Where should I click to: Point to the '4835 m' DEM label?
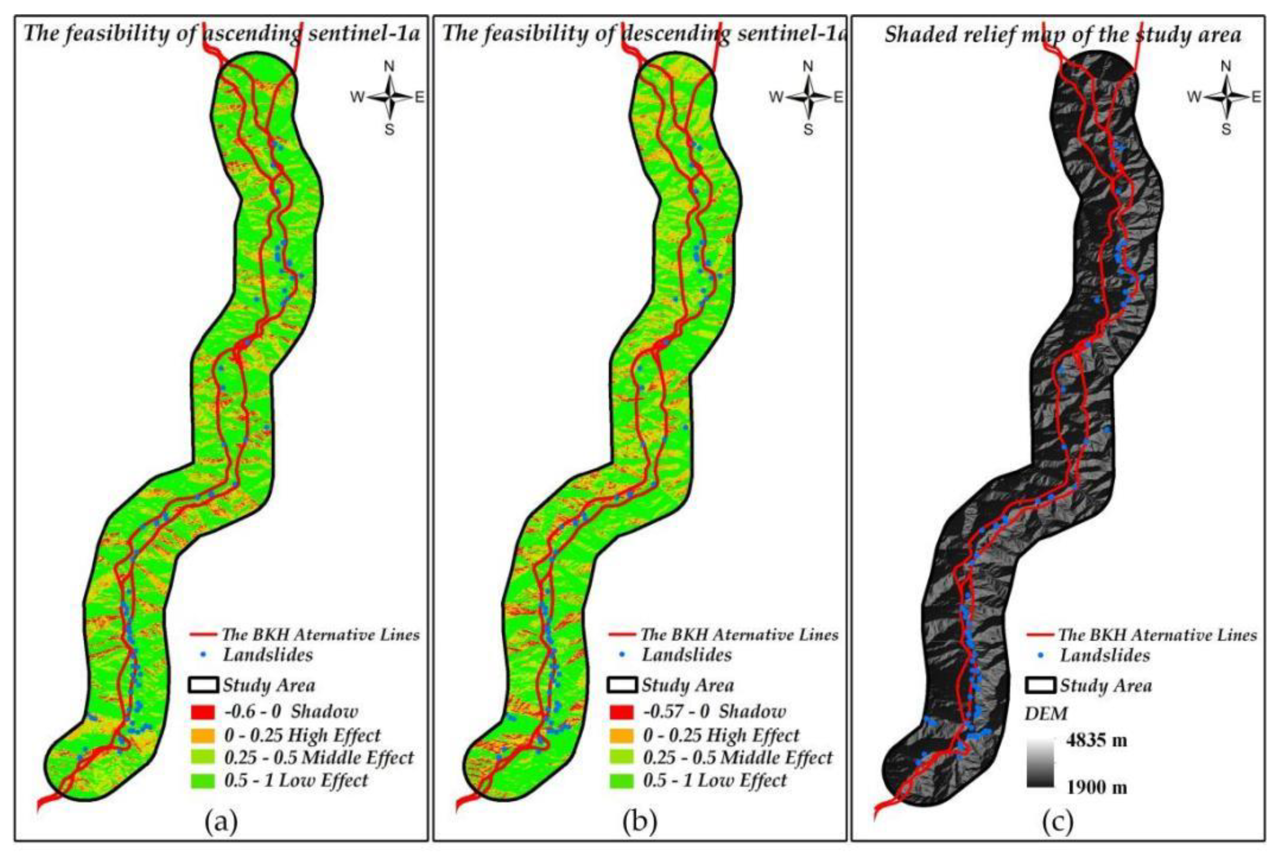click(x=1097, y=741)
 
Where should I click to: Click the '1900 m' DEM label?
click(x=1097, y=788)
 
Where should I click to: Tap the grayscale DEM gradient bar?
click(x=1040, y=764)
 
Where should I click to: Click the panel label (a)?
click(x=221, y=822)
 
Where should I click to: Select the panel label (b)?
click(x=639, y=822)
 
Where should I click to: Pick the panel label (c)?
click(x=1058, y=822)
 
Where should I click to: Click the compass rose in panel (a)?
click(x=389, y=98)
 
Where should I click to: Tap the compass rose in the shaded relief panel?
click(x=1226, y=98)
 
